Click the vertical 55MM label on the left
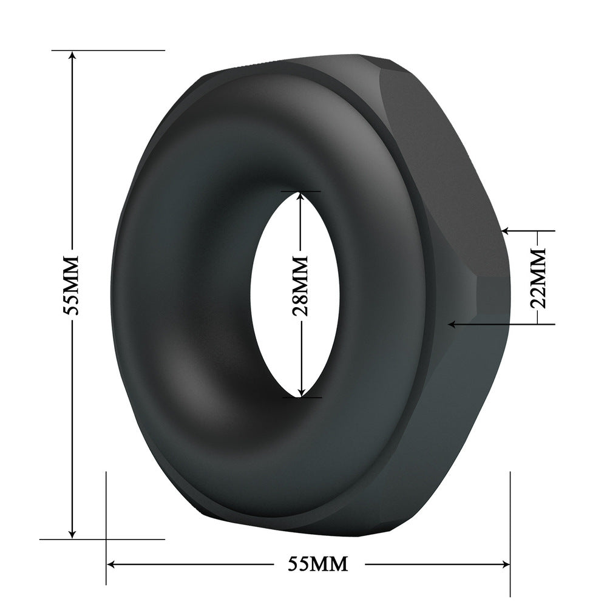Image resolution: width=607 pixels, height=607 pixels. point(72,284)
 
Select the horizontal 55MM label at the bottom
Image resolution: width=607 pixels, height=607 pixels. point(317,564)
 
